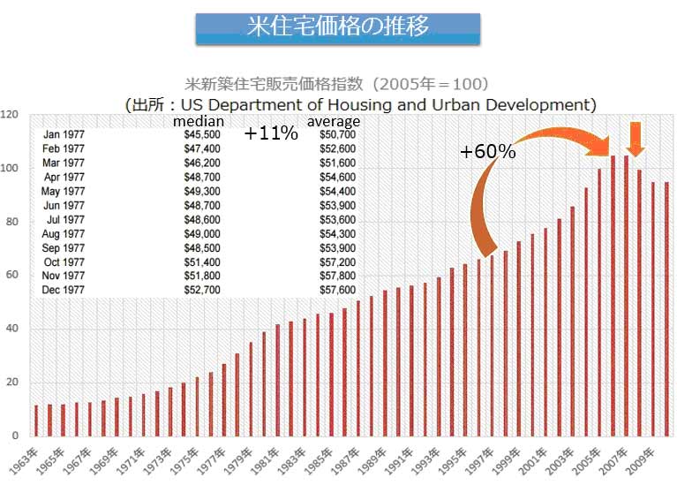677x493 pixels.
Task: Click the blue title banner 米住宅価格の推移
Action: pos(338,27)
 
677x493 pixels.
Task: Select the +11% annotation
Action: pos(271,135)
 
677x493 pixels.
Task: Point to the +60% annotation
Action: pos(487,151)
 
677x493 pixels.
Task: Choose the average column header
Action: pos(334,121)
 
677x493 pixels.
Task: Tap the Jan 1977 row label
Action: pos(64,135)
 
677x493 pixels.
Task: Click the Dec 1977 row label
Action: pos(64,290)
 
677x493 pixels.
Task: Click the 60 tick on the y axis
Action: pos(11,276)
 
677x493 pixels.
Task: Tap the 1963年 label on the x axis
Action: pos(27,463)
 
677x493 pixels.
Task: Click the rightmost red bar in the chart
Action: pos(666,308)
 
